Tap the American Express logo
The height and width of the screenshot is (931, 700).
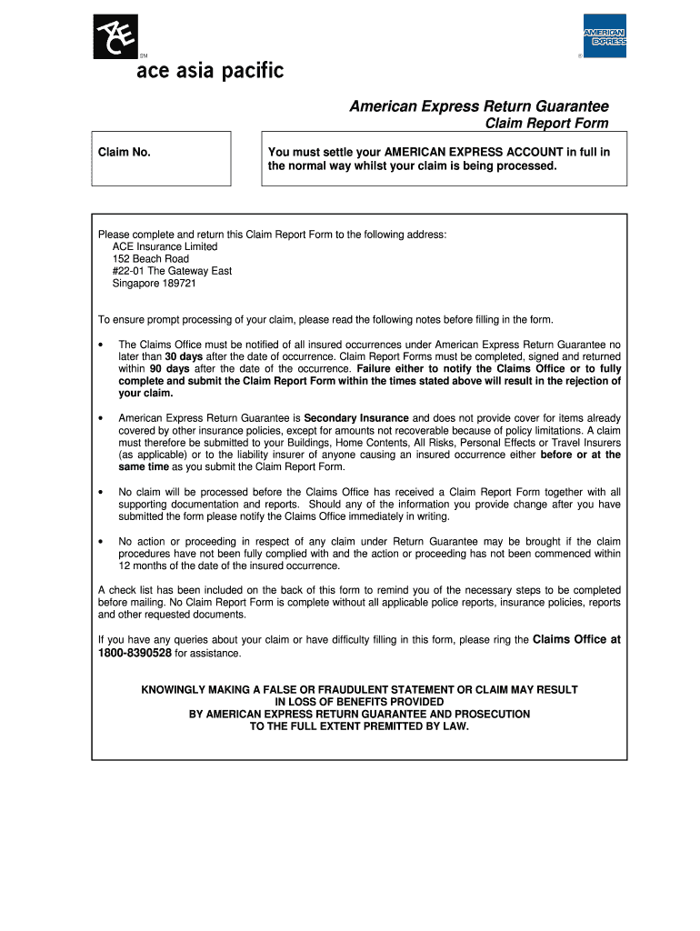coord(605,36)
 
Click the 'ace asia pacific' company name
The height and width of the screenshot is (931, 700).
coord(210,70)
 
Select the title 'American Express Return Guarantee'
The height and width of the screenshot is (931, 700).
coord(479,106)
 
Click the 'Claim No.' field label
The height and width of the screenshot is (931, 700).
coord(125,152)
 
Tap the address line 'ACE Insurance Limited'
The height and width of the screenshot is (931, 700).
coord(165,246)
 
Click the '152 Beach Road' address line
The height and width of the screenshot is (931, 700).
coord(150,259)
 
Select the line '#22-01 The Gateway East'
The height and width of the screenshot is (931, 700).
coord(172,271)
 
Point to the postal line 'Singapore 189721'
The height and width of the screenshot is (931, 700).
coord(154,283)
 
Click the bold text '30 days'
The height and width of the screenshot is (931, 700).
coord(184,357)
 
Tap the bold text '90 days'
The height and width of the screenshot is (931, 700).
coord(169,369)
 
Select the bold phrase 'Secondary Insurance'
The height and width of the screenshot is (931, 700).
coord(356,418)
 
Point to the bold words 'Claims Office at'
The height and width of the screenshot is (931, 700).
coord(576,640)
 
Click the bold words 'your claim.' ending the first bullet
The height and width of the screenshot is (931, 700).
coord(145,394)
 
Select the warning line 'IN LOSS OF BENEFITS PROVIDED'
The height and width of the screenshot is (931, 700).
coord(359,702)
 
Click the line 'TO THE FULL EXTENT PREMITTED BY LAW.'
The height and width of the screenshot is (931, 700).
coord(359,726)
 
